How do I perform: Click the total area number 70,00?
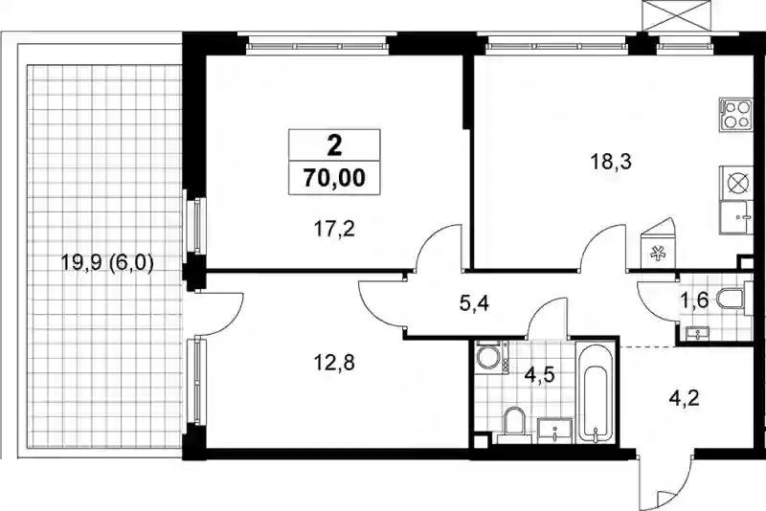pyautogui.click(x=334, y=178)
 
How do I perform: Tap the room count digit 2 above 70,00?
pyautogui.click(x=334, y=145)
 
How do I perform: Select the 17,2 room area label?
pyautogui.click(x=334, y=228)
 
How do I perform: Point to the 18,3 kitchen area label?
pyautogui.click(x=611, y=162)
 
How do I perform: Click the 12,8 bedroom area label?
pyautogui.click(x=334, y=363)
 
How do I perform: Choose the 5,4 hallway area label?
pyautogui.click(x=474, y=303)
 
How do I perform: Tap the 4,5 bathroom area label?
pyautogui.click(x=540, y=376)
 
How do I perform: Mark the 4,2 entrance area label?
pyautogui.click(x=684, y=398)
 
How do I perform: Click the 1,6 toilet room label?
pyautogui.click(x=694, y=300)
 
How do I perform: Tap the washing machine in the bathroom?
pyautogui.click(x=489, y=357)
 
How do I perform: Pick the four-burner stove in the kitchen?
pyautogui.click(x=735, y=115)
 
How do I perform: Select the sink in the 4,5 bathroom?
pyautogui.click(x=555, y=431)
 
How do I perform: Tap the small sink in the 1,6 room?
pyautogui.click(x=697, y=333)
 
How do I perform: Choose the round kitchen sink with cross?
pyautogui.click(x=735, y=183)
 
